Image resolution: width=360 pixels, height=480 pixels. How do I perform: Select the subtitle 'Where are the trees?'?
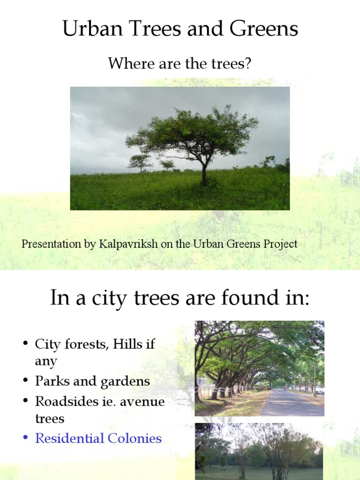pos(180,63)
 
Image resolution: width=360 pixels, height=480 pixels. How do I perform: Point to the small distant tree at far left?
pos(140,162)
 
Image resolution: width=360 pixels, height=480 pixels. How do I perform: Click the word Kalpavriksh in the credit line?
pos(128,244)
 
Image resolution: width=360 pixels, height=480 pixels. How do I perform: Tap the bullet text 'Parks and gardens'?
pos(92,381)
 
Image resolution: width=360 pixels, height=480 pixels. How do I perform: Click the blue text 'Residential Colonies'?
pos(98,439)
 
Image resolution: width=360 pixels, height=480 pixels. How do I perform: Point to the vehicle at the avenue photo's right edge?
pos(320,390)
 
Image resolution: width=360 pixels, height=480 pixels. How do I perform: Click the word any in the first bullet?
pos(46,362)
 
